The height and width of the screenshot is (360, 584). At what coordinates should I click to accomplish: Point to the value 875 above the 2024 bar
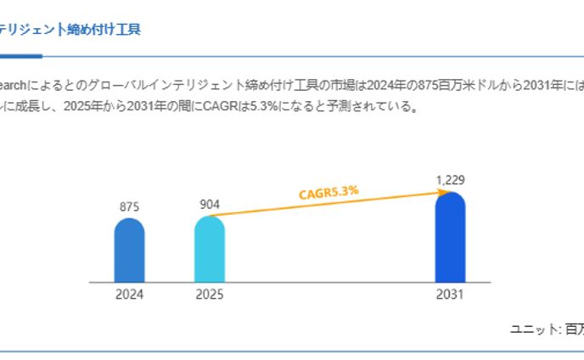click(129, 206)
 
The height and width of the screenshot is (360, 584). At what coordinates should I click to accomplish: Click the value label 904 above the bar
click(209, 204)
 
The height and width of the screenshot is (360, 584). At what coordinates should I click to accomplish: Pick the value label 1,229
click(450, 180)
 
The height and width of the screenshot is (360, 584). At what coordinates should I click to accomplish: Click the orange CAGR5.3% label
click(328, 193)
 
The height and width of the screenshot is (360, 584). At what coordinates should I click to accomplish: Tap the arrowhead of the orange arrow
click(442, 193)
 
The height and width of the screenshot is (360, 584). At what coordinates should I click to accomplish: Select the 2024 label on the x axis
click(129, 295)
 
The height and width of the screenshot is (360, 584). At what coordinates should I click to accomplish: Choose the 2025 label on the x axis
click(209, 295)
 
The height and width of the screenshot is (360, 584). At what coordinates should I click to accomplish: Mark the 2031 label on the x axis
click(450, 295)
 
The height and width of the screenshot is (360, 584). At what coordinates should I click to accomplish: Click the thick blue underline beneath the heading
click(20, 56)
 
